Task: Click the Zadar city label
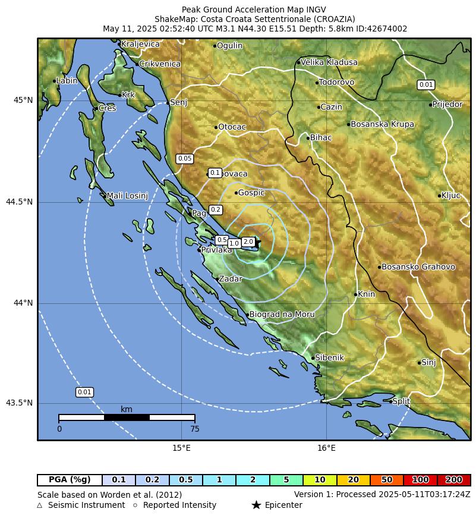pyautogui.click(x=230, y=279)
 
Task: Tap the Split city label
pyautogui.click(x=401, y=401)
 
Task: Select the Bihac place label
pyautogui.click(x=321, y=137)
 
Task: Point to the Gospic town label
pyautogui.click(x=251, y=193)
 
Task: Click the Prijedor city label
pyautogui.click(x=447, y=105)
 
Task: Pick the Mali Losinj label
pyautogui.click(x=127, y=196)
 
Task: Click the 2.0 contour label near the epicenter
pyautogui.click(x=248, y=241)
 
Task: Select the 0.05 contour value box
pyautogui.click(x=185, y=159)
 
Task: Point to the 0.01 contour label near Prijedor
pyautogui.click(x=426, y=84)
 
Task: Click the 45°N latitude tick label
pyautogui.click(x=23, y=100)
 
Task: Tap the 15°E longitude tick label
pyautogui.click(x=181, y=448)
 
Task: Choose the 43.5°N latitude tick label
pyautogui.click(x=20, y=403)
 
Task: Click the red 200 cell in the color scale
pyautogui.click(x=454, y=480)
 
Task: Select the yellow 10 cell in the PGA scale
pyautogui.click(x=320, y=480)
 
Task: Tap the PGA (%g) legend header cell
pyautogui.click(x=70, y=480)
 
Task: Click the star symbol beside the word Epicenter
pyautogui.click(x=256, y=505)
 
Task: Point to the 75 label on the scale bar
pyautogui.click(x=194, y=429)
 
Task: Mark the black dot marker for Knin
pyautogui.click(x=356, y=294)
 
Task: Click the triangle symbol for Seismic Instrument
pyautogui.click(x=40, y=505)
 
